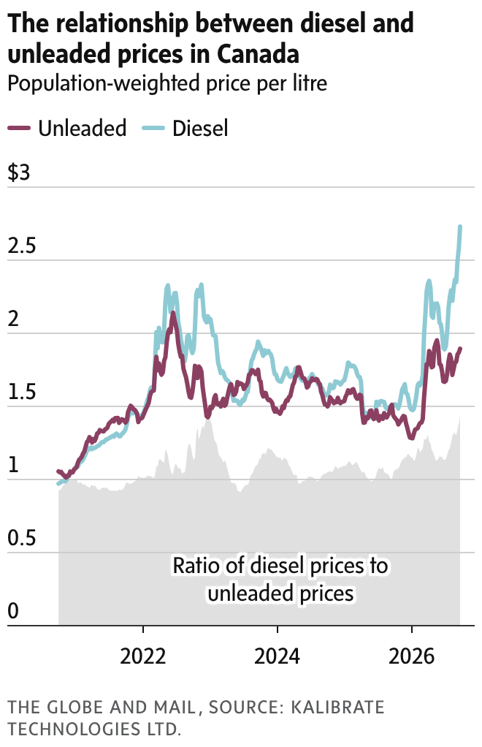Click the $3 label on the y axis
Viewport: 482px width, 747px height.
point(18,172)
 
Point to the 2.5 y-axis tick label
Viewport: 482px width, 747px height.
point(22,246)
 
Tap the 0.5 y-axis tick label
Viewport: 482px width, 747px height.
point(22,538)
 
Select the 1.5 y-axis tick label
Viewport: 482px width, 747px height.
point(22,392)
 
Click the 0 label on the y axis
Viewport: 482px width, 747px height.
point(13,611)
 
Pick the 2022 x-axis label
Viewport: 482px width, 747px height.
point(142,656)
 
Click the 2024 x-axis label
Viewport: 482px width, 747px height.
point(277,656)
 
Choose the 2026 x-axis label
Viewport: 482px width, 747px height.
point(412,656)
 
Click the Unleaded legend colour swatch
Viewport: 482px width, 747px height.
point(19,129)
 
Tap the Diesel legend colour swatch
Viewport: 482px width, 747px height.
point(153,129)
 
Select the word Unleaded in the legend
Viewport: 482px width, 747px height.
point(83,128)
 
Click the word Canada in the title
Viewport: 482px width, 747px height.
point(258,53)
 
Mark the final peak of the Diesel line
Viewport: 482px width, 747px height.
point(460,227)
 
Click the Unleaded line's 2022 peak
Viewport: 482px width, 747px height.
point(173,313)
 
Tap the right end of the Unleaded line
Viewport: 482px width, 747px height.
point(460,349)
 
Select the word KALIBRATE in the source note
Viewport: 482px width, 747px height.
point(337,708)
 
